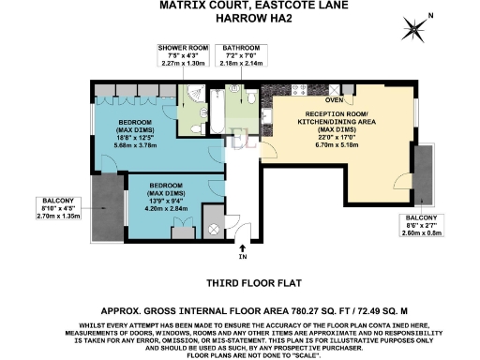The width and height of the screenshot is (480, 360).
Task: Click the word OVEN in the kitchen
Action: click(334, 98)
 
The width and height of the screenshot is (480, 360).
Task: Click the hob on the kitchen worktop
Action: click(293, 93)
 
